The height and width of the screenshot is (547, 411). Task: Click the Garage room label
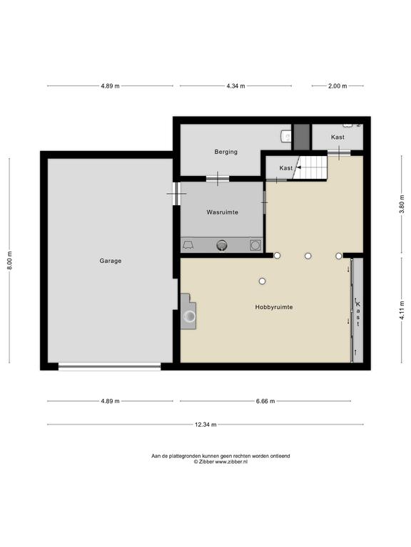(x=111, y=261)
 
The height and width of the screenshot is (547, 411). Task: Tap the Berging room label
(x=225, y=152)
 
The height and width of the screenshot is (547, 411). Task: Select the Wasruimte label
(x=223, y=212)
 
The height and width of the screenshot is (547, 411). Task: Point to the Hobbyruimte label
(x=274, y=307)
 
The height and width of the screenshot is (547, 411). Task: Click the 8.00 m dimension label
(x=10, y=260)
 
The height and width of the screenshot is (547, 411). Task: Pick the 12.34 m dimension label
(x=205, y=424)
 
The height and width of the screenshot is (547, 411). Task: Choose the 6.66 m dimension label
(x=265, y=401)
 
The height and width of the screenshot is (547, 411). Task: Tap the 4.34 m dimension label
(x=235, y=85)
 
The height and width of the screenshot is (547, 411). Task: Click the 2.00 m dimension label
(x=338, y=85)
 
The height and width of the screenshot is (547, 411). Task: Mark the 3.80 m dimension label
(x=402, y=204)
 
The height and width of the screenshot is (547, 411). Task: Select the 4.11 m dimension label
(x=402, y=310)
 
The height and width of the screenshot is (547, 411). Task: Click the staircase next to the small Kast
(x=310, y=167)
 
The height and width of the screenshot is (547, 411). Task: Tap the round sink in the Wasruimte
(x=222, y=245)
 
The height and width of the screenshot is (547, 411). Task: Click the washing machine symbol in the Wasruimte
(x=255, y=245)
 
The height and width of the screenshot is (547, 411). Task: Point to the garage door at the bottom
(x=109, y=366)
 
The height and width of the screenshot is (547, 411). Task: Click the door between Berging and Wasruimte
(x=218, y=179)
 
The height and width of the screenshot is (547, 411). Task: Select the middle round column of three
(x=308, y=256)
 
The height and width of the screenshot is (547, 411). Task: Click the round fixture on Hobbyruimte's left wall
(x=190, y=316)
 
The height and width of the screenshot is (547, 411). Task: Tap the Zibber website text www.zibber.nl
(x=231, y=462)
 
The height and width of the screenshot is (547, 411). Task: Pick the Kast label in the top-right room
(x=338, y=137)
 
